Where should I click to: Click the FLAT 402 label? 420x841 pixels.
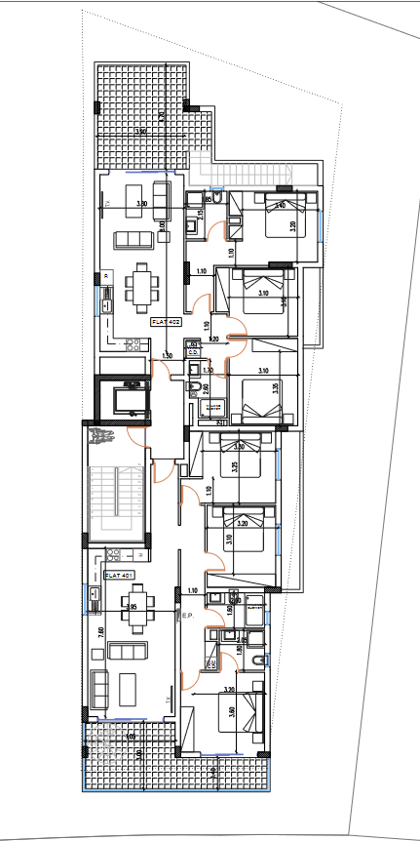tap(167, 321)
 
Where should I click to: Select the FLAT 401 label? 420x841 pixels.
tap(118, 576)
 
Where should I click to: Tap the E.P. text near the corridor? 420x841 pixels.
tap(186, 616)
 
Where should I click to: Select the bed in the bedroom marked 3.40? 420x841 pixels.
tap(288, 215)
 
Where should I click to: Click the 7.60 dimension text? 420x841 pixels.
tap(98, 632)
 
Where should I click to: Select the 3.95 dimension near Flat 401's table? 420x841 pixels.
tap(130, 607)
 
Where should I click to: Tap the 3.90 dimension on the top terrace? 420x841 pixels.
tap(140, 132)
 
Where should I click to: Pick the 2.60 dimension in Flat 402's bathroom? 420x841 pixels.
tap(206, 389)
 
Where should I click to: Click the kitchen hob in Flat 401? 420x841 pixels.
tap(112, 559)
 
